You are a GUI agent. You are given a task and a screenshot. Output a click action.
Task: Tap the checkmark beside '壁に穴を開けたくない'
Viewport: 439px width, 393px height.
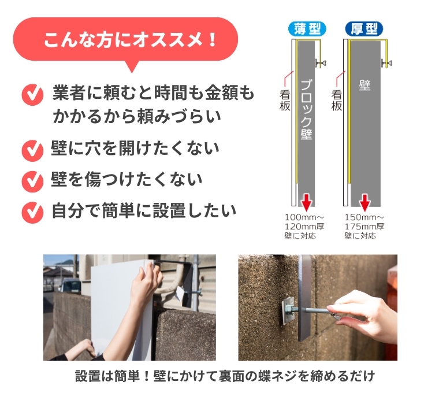32,150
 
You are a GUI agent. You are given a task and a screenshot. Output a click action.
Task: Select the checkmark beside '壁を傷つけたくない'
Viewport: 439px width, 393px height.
32,181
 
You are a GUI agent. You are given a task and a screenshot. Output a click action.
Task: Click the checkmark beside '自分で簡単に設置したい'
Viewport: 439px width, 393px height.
32,212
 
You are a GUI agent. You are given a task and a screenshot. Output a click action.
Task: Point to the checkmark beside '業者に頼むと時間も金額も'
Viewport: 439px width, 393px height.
32,95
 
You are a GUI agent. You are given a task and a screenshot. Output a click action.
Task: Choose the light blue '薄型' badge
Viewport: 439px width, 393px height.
307,29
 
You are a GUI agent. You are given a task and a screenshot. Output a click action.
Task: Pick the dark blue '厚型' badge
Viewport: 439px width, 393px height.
364,29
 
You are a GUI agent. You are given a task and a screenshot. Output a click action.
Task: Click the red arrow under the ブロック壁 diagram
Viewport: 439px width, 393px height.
307,202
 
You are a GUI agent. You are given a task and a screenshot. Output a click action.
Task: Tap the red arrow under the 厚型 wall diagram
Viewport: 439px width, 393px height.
365,202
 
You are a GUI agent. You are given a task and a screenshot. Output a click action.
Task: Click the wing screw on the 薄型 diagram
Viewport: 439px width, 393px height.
321,64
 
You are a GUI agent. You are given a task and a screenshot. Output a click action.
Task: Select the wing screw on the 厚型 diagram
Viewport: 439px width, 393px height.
386,64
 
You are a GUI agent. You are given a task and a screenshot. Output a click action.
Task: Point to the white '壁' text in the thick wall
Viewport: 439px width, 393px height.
365,85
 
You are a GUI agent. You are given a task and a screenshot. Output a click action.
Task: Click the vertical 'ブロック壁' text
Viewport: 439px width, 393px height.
306,109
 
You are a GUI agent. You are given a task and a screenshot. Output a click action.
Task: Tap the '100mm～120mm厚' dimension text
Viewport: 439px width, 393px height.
304,222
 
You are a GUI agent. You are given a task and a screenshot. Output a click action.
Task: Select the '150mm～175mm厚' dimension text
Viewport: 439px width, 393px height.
364,222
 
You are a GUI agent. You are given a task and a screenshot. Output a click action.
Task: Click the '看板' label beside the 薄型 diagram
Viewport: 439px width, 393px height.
285,101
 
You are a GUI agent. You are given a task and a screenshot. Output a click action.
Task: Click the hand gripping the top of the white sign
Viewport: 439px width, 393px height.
146,283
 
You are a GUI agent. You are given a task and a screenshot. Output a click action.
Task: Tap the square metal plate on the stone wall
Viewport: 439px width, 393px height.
287,311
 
